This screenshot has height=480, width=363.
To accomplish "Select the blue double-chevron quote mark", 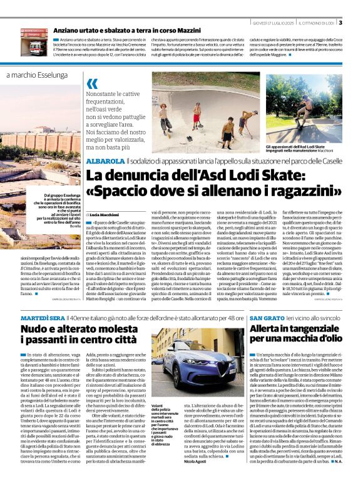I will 93,84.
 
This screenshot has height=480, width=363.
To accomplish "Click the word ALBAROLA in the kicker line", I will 106,161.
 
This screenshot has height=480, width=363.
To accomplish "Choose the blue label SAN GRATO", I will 263,319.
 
